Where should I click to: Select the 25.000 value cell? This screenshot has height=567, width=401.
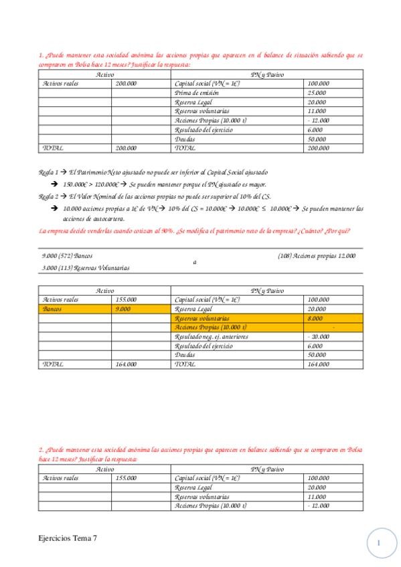pyautogui.click(x=317, y=92)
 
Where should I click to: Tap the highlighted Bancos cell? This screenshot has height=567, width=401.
pyautogui.click(x=52, y=310)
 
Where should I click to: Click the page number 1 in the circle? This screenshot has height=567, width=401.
pyautogui.click(x=379, y=543)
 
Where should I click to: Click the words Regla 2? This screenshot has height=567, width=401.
pyautogui.click(x=49, y=197)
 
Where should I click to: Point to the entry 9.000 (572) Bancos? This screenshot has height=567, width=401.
pyautogui.click(x=67, y=255)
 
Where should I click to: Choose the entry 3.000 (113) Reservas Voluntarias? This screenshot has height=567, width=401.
pyautogui.click(x=86, y=267)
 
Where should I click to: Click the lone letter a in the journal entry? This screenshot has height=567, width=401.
pyautogui.click(x=195, y=262)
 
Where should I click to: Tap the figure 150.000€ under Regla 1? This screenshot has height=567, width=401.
pyautogui.click(x=76, y=184)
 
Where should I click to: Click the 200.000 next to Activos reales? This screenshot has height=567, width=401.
pyautogui.click(x=126, y=83)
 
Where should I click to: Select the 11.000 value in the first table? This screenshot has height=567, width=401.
pyautogui.click(x=317, y=111)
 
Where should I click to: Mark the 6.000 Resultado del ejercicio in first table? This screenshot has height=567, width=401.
pyautogui.click(x=317, y=129)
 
